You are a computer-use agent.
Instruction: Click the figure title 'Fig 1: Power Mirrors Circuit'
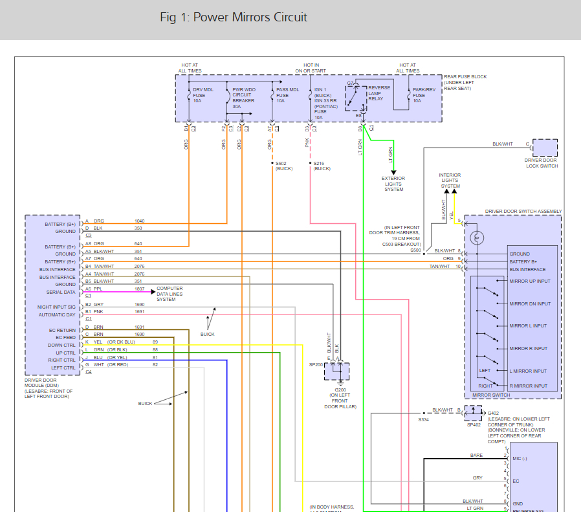coord(234,17)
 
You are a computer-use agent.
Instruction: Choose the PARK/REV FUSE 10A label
coord(424,95)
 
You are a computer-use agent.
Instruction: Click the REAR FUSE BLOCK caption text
coord(465,82)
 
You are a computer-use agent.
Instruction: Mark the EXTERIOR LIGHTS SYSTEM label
coord(393,184)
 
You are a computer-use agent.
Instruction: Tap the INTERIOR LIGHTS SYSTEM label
coord(450,181)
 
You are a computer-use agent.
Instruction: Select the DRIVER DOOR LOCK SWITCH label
coord(542,163)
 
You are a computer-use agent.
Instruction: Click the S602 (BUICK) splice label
coord(284,166)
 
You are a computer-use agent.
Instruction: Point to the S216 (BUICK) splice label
coord(322,166)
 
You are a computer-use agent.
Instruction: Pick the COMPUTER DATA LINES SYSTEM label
coord(170,294)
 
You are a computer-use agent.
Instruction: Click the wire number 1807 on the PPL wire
coord(139,289)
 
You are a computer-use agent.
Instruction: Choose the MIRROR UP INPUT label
coord(530,281)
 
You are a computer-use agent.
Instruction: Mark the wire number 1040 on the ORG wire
coord(139,221)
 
